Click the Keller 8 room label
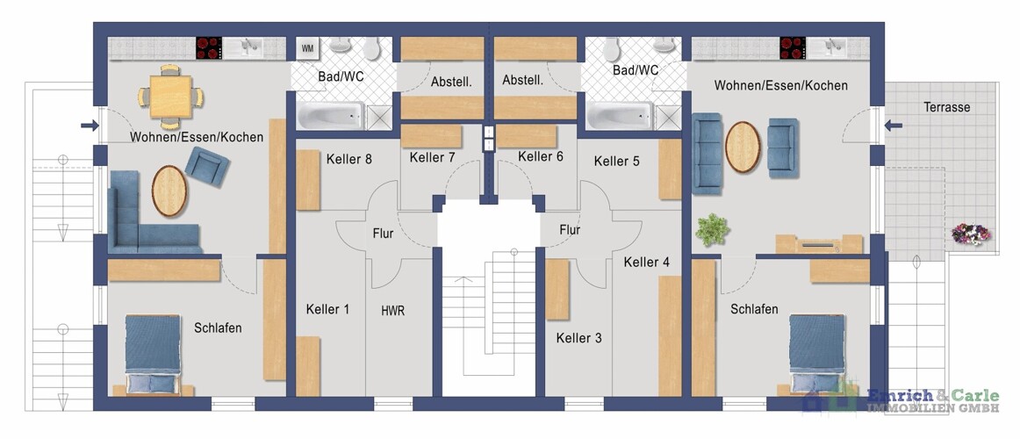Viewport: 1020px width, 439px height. (x=349, y=159)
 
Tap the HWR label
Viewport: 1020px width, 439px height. (x=393, y=311)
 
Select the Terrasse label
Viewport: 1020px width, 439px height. (x=946, y=107)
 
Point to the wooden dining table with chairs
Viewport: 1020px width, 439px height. (x=170, y=97)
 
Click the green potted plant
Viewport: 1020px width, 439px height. (x=712, y=229)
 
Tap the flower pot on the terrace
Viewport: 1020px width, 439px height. (x=971, y=234)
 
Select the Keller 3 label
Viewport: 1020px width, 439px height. (x=579, y=338)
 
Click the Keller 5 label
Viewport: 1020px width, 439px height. (x=617, y=161)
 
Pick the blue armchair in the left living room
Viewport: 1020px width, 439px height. (x=207, y=165)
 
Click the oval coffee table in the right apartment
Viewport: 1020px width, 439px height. (x=743, y=148)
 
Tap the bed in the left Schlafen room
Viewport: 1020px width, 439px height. (x=152, y=355)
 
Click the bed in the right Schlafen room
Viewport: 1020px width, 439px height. (x=818, y=355)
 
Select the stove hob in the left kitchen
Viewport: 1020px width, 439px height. (x=209, y=47)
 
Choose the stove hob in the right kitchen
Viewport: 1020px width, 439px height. (x=793, y=47)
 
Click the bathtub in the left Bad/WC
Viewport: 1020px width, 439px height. (x=330, y=117)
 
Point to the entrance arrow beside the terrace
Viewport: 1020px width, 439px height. (x=893, y=126)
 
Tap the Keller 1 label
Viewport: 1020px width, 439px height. (x=328, y=310)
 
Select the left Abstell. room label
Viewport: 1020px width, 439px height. (x=451, y=82)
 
